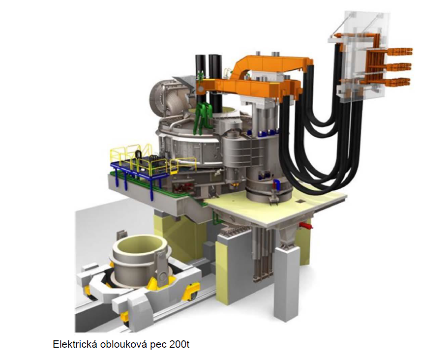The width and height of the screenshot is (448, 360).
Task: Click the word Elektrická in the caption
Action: click(x=75, y=344)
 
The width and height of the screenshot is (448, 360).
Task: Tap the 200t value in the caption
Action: click(x=179, y=344)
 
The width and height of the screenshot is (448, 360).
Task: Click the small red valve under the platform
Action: click(x=306, y=226)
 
